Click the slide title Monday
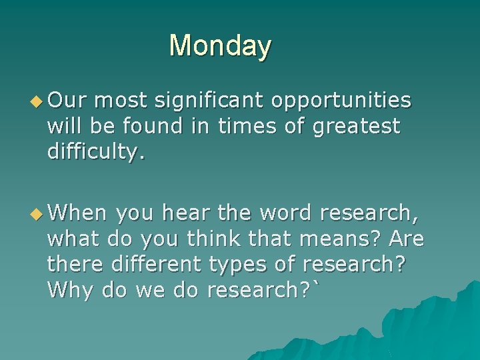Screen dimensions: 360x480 coord(220,46)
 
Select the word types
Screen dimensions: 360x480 coord(243,264)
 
